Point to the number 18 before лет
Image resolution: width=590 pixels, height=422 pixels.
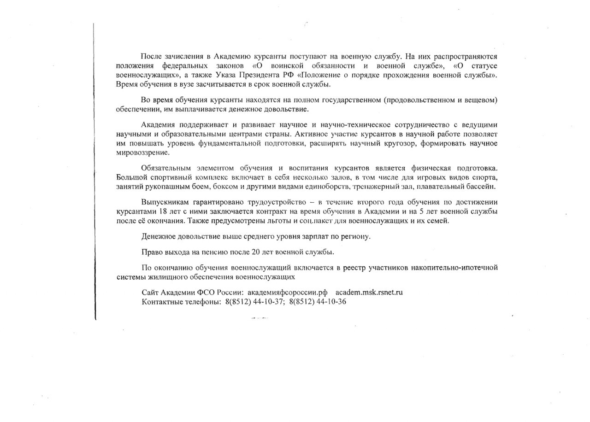pos(163,211)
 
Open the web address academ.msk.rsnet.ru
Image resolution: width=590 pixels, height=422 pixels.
pos(369,293)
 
